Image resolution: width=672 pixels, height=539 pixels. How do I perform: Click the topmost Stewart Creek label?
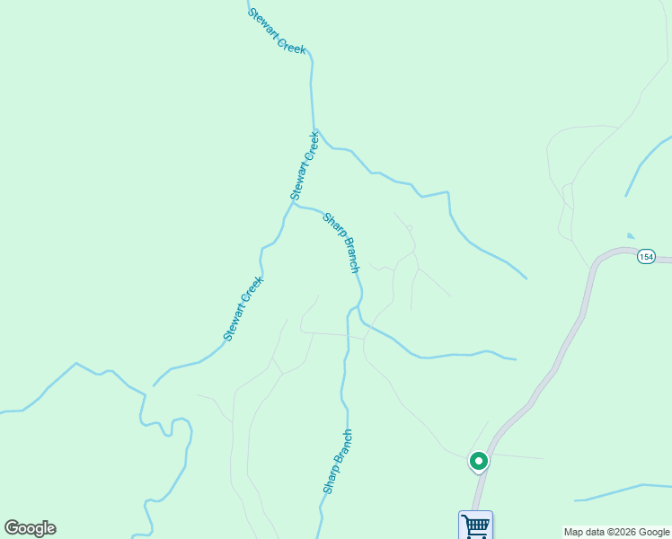coord(277,31)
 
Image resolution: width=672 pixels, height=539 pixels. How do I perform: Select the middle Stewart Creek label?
coord(305,165)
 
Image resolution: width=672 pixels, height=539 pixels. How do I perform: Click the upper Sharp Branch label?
coord(341,243)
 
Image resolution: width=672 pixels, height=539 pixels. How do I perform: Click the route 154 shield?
coord(646,257)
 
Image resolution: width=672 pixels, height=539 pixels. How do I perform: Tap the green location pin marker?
coord(479,462)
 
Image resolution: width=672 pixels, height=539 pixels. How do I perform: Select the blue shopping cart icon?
coord(475,525)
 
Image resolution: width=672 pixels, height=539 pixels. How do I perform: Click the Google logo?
coord(30,528)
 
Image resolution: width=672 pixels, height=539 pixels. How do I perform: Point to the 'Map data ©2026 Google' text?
coord(617,532)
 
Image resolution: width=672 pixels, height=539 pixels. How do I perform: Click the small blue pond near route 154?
coord(631,236)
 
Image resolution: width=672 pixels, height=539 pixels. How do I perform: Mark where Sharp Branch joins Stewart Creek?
coord(294,204)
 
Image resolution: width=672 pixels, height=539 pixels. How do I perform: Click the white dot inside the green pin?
coord(479,461)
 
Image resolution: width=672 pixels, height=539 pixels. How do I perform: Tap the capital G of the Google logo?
coord(12,528)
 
